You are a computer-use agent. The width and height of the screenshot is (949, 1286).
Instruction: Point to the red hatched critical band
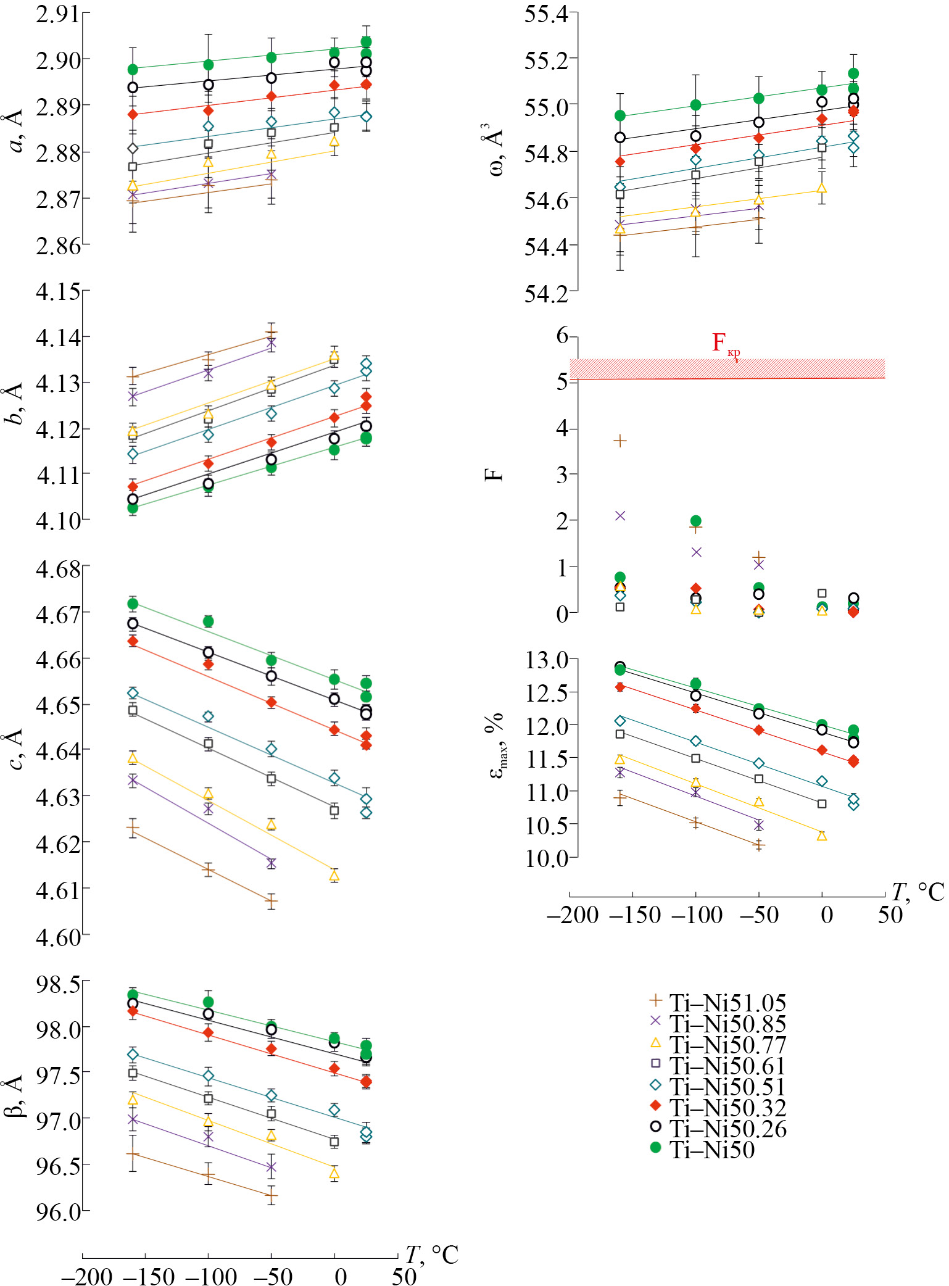click(x=727, y=368)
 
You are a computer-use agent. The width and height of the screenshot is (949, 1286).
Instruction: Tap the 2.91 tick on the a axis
click(x=57, y=14)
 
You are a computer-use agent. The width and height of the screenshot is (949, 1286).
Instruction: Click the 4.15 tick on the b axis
click(x=57, y=291)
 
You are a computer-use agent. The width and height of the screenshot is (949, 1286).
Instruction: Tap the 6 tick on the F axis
click(x=562, y=336)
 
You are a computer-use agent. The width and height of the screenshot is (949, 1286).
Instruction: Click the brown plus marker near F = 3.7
click(x=620, y=441)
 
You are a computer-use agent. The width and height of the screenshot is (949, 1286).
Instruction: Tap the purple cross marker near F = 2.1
click(x=620, y=516)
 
